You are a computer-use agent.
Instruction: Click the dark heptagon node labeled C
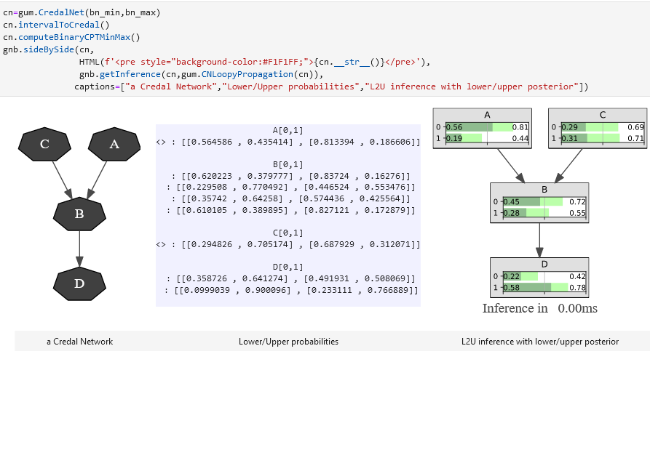44,144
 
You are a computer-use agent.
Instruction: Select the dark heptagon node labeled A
114,144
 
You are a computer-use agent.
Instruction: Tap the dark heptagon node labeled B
79,214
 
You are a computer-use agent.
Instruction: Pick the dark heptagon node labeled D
79,283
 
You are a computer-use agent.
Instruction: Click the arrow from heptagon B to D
79,249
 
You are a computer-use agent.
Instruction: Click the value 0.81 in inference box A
520,127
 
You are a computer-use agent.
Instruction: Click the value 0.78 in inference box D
578,288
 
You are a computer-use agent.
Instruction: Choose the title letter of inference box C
603,115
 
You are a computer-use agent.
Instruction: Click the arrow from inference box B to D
539,240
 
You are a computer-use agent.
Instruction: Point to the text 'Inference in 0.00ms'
539,308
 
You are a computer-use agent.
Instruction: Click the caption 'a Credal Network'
80,341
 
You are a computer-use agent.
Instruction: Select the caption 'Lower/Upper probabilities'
288,341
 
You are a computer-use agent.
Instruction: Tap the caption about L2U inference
540,341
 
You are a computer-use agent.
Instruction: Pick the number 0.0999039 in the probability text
207,290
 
